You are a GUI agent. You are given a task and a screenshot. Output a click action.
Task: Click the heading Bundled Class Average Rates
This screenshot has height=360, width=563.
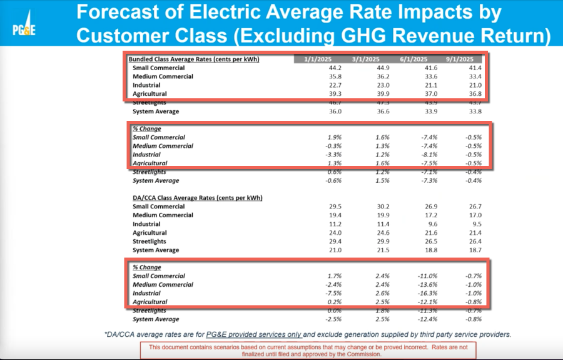194,59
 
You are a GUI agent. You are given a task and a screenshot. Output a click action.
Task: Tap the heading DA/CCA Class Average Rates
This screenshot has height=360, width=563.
197,197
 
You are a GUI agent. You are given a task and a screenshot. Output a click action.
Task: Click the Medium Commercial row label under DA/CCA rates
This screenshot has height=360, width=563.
163,215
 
